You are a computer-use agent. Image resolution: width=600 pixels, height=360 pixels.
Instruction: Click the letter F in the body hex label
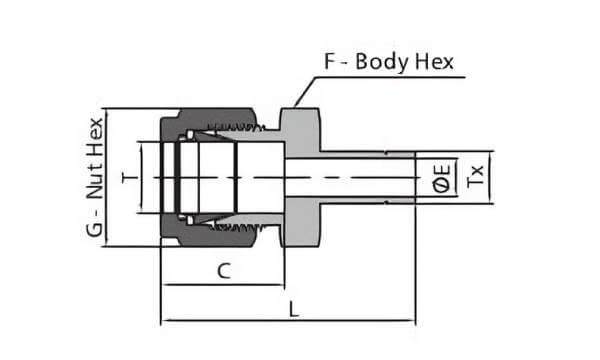point(329,62)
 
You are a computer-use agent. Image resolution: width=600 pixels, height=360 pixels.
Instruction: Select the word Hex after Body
point(435,62)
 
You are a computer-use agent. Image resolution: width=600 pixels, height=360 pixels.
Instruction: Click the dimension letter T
point(129,178)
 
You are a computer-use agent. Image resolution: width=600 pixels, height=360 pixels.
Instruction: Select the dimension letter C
point(224,271)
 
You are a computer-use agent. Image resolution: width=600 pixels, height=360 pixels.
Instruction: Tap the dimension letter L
point(293,309)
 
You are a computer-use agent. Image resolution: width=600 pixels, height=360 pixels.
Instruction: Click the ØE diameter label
point(441,178)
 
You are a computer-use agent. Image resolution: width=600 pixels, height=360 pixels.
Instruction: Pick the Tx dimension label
point(476,176)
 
